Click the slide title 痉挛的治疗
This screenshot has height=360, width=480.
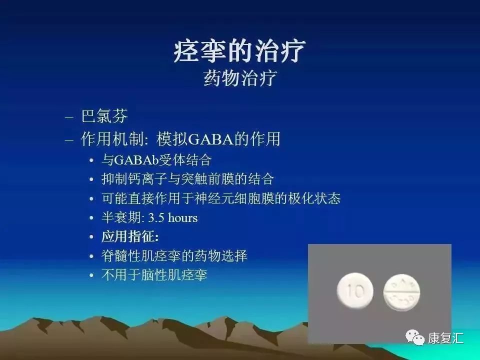pyautogui.click(x=239, y=51)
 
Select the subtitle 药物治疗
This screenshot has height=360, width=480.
pyautogui.click(x=239, y=78)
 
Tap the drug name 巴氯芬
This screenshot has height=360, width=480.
pyautogui.click(x=104, y=116)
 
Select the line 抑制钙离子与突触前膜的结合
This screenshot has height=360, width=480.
pyautogui.click(x=187, y=179)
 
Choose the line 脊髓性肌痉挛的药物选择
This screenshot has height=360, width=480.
pyautogui.click(x=174, y=256)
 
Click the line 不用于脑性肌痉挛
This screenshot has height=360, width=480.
pyautogui.click(x=154, y=275)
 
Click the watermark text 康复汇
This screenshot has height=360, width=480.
pyautogui.click(x=445, y=338)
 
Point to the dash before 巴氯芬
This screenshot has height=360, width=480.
pyautogui.click(x=69, y=117)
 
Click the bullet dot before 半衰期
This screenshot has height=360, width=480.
pyautogui.click(x=91, y=218)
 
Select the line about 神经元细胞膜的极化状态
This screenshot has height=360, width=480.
pyautogui.click(x=220, y=198)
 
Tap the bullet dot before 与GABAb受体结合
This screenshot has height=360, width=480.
pyautogui.click(x=91, y=161)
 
